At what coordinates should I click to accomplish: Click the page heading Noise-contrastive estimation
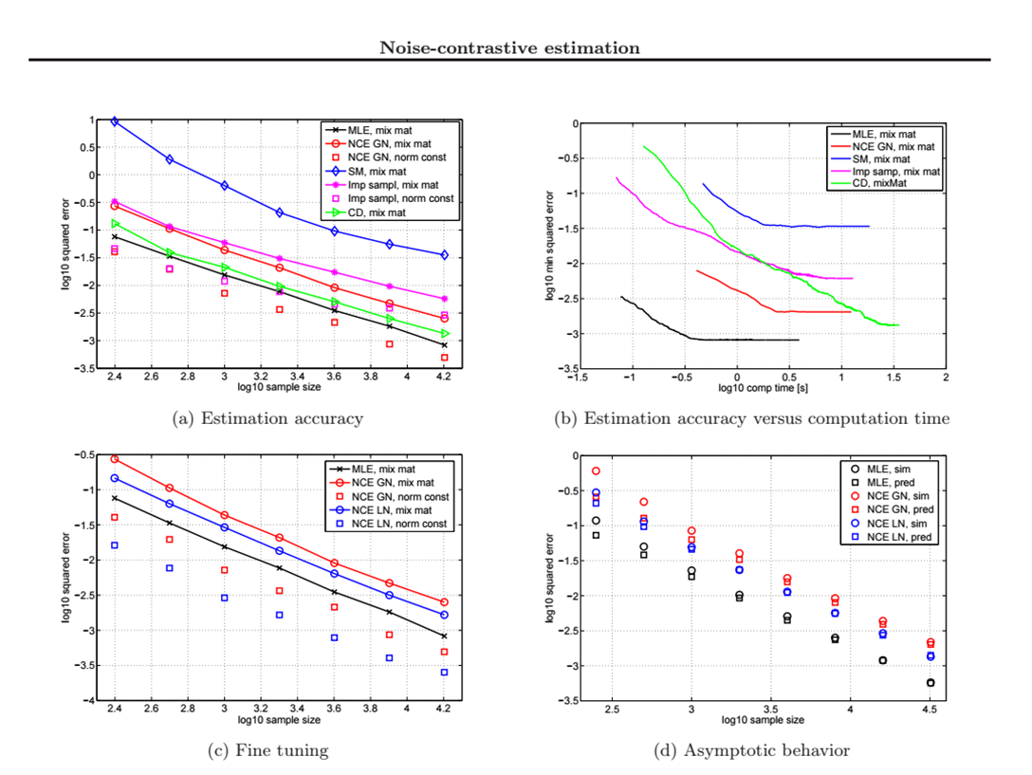pos(509,47)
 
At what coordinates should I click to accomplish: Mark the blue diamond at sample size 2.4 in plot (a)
pos(115,121)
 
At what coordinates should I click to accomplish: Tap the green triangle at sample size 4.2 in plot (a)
pos(444,333)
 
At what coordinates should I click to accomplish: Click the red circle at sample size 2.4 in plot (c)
pos(115,459)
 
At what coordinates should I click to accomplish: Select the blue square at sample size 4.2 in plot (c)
pos(444,672)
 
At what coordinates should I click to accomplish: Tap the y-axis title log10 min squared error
pos(549,246)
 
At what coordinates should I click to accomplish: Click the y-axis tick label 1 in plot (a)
pos(94,120)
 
